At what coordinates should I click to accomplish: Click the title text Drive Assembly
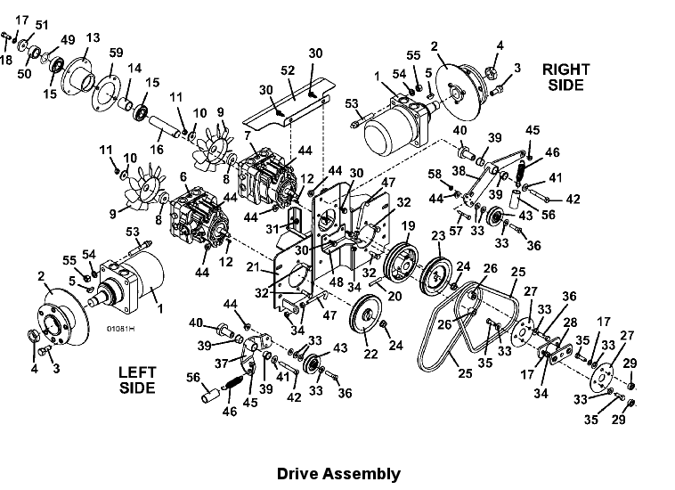tap(337, 474)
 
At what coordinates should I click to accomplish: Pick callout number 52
tap(288, 70)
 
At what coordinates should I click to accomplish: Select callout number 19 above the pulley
tap(407, 226)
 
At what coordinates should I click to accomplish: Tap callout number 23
tap(438, 235)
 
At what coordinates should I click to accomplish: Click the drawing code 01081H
tap(120, 329)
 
